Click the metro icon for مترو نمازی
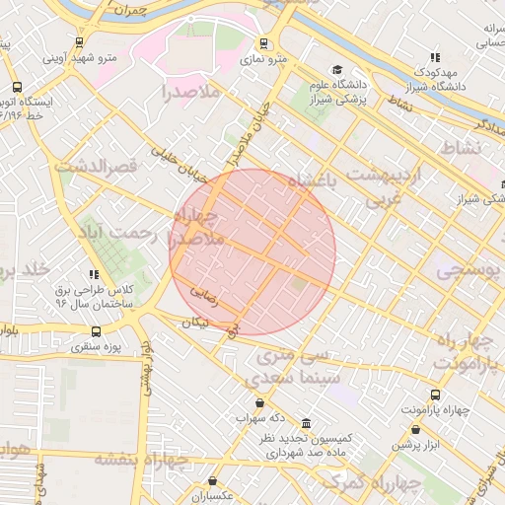coord(263,43)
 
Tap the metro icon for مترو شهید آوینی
coord(79,42)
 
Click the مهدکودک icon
coord(434,57)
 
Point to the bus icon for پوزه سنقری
coord(96,331)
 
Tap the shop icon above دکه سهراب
coord(259,402)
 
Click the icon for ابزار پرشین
coord(415,430)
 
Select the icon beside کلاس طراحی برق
coord(94,274)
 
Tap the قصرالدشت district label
coord(94,167)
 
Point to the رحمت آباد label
coord(145,234)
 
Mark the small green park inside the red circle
coord(298,285)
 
